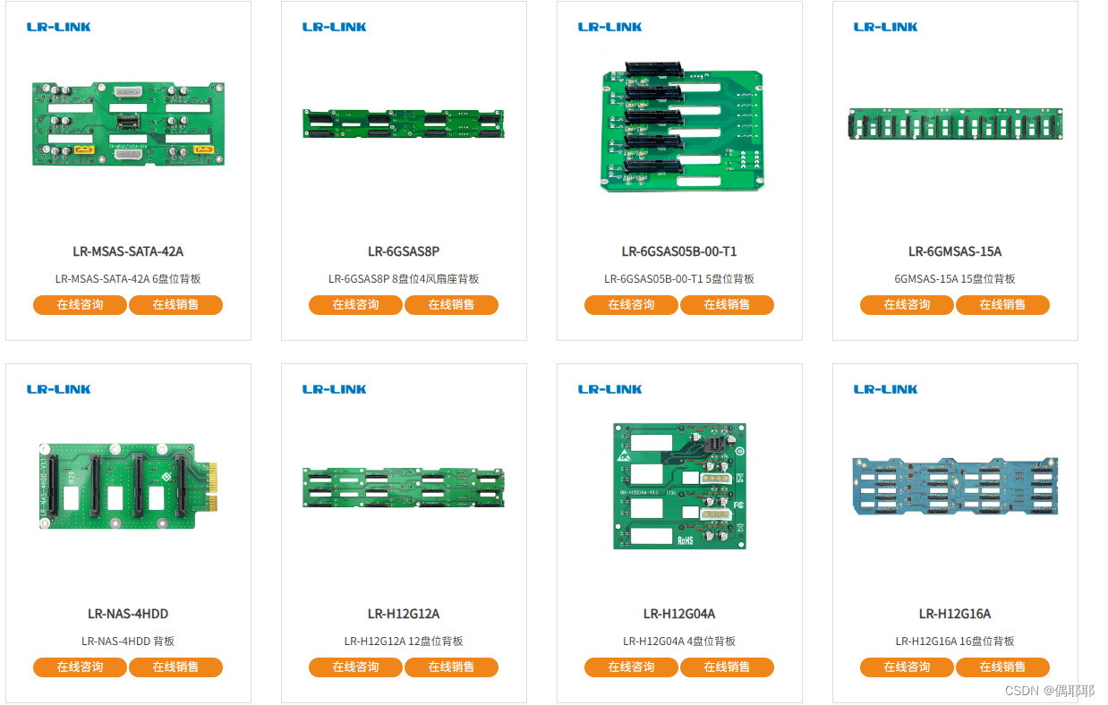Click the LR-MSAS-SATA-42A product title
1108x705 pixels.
(128, 251)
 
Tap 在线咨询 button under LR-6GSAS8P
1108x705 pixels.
(355, 305)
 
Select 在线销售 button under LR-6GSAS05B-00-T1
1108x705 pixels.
(727, 305)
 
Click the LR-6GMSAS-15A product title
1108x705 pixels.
(955, 251)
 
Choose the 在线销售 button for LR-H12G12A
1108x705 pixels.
(451, 667)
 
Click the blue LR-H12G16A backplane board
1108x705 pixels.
(955, 488)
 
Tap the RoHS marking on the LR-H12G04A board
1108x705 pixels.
(686, 539)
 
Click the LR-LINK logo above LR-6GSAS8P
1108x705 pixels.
(335, 27)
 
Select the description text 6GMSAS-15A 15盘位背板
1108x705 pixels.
(955, 279)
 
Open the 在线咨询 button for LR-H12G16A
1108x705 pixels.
(907, 667)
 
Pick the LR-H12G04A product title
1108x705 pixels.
(679, 614)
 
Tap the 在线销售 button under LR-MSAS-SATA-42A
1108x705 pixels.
(175, 305)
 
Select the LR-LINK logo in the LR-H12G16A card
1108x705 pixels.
(886, 389)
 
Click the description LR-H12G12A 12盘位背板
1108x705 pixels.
(404, 641)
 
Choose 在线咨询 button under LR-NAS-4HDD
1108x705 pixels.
(80, 667)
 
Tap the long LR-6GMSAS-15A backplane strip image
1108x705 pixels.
(955, 124)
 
